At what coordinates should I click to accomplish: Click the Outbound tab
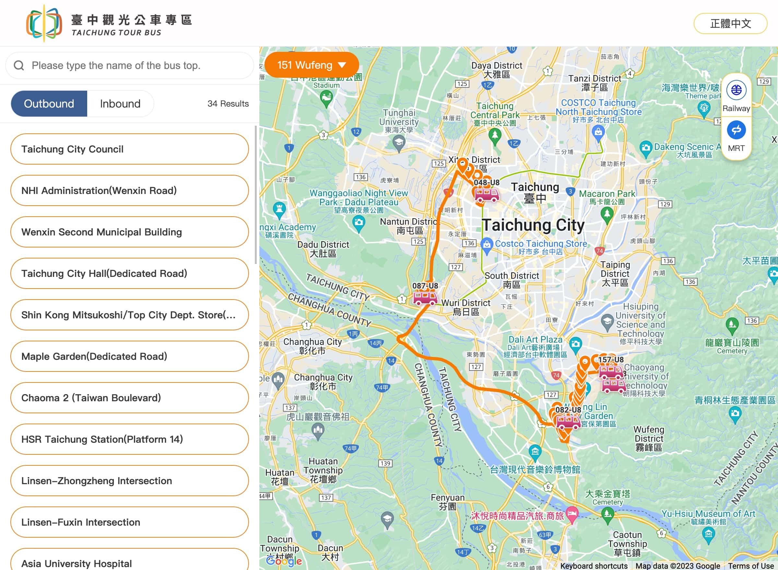(x=49, y=104)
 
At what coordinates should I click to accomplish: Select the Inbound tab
(x=120, y=104)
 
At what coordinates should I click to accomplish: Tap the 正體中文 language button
(x=730, y=23)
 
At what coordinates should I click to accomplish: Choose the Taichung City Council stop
(x=129, y=149)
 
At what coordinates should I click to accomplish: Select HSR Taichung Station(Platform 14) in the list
(x=129, y=439)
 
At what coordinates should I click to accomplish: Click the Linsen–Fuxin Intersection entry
(x=129, y=522)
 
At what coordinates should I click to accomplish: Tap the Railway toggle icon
(x=736, y=90)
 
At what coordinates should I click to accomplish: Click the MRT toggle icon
(x=736, y=131)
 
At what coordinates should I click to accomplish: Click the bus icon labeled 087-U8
(x=425, y=297)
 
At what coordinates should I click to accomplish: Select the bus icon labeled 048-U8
(x=486, y=195)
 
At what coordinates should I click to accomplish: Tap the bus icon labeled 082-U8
(x=568, y=422)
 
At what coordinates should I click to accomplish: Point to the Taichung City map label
(x=533, y=225)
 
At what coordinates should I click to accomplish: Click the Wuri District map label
(x=466, y=307)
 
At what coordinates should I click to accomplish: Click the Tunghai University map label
(x=399, y=121)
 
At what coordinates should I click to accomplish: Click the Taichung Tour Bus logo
(x=44, y=23)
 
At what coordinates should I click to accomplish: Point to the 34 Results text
(x=228, y=104)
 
